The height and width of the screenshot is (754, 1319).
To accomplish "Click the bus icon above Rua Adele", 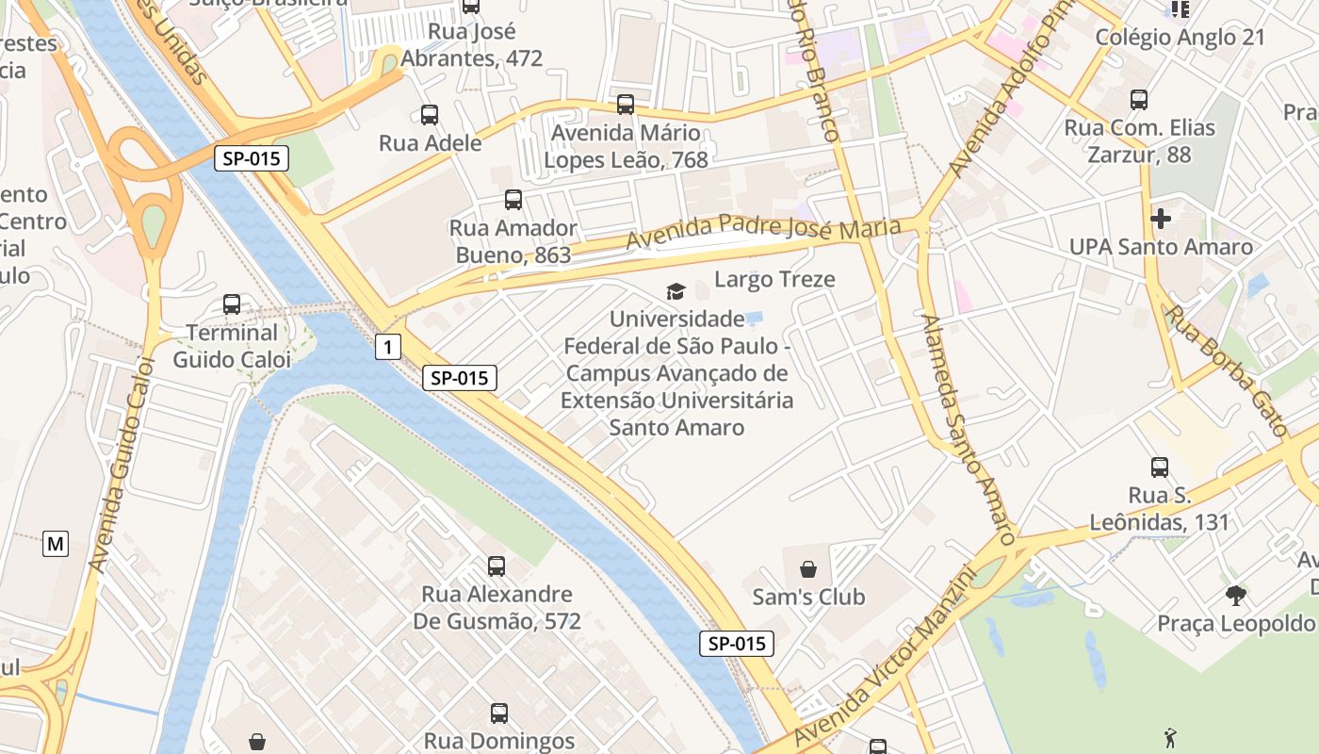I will pos(430,115).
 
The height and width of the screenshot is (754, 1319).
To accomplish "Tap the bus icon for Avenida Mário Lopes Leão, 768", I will pos(626,105).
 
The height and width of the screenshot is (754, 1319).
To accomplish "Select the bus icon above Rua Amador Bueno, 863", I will pos(513,200).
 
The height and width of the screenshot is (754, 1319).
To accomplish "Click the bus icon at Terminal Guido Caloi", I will pos(232,304).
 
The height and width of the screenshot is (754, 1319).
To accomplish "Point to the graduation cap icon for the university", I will pos(676,291).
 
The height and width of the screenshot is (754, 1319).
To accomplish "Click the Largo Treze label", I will pos(774,279).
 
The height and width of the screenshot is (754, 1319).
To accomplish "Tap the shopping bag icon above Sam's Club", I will pos(808,569).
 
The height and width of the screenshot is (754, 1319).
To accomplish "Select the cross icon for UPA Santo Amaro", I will pos(1161,219).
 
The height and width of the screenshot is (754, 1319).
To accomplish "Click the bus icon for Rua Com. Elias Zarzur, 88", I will pos(1139,99).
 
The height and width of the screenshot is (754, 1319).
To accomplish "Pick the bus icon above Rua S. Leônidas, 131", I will pos(1160,467).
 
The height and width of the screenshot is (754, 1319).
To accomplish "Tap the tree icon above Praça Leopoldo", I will pos(1236,595).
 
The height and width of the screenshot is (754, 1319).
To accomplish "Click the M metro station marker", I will pos(56,543).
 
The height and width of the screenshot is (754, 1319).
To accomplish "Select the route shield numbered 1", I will pos(386,347).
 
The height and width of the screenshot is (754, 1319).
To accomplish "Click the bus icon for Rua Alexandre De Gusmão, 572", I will pos(497,566).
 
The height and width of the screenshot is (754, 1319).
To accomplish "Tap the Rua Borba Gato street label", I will pos(1227,369).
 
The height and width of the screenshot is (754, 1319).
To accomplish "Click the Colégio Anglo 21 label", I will pos(1180,38).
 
